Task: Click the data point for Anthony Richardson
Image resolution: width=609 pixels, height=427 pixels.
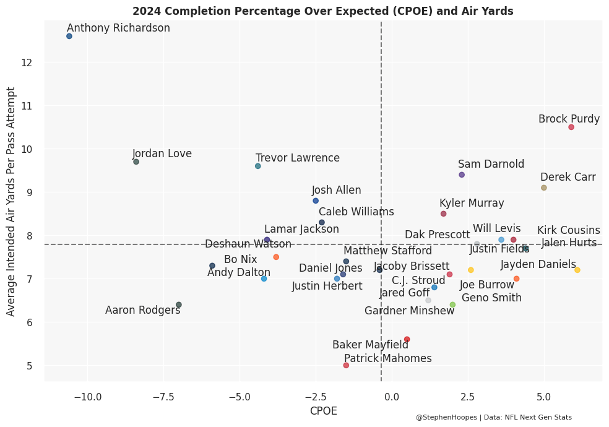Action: (x=69, y=37)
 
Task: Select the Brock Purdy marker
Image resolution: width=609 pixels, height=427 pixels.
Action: (x=571, y=127)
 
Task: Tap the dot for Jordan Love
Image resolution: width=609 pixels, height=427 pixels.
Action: (x=136, y=162)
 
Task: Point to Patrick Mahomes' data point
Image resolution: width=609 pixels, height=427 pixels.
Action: (x=346, y=366)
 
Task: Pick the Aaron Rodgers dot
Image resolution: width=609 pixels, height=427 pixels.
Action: (x=179, y=305)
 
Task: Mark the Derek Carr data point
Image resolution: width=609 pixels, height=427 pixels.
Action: (x=544, y=188)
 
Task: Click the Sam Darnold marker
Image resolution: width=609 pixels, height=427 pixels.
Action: (x=462, y=175)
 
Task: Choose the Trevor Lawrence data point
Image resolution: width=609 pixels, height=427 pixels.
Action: (x=258, y=166)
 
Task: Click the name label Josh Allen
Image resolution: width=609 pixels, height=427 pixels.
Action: (x=337, y=191)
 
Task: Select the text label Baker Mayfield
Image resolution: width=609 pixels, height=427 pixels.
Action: (x=370, y=345)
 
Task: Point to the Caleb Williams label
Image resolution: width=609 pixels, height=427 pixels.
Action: (x=356, y=212)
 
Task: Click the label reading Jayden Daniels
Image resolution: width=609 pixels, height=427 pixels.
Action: (x=538, y=265)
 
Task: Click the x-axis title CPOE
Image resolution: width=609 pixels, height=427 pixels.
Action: (x=323, y=411)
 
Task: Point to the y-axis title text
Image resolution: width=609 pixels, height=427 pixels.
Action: (x=11, y=201)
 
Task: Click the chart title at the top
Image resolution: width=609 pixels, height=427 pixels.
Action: (x=323, y=11)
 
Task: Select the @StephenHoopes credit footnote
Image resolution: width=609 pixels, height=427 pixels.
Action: (x=493, y=418)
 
